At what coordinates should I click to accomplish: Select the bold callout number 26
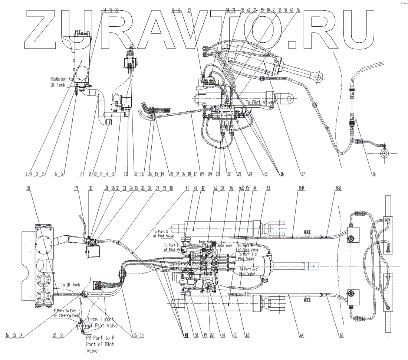pos(282,174)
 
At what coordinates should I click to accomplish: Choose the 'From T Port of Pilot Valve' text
pos(102,323)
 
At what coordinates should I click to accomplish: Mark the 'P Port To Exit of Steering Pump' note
pos(66,312)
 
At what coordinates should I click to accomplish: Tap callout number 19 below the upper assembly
pos(202,174)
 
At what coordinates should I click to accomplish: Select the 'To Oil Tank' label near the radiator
pos(70,285)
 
